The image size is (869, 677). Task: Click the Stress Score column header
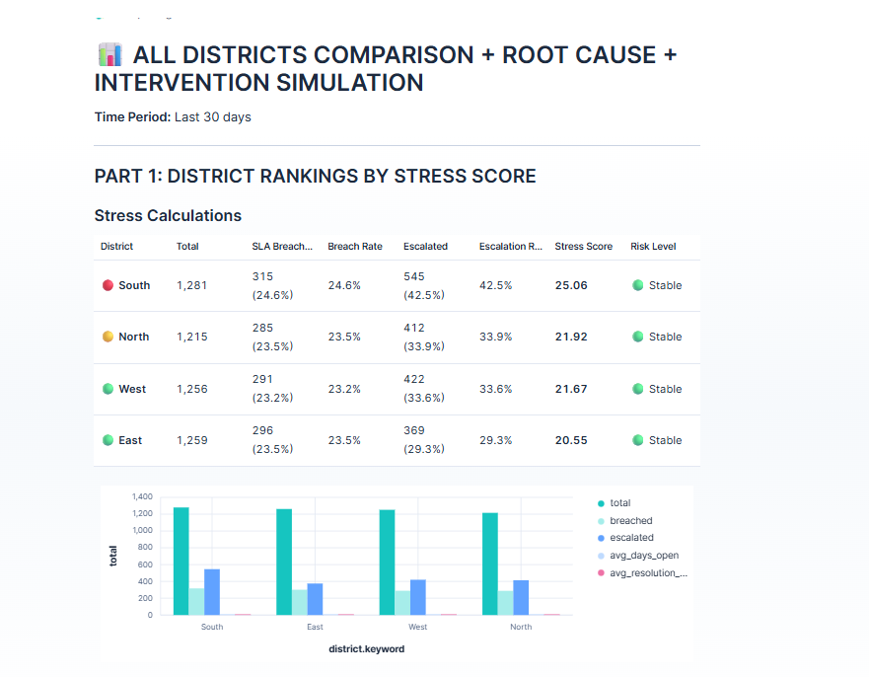point(583,246)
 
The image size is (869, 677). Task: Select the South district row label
point(134,285)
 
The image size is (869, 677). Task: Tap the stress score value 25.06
point(571,285)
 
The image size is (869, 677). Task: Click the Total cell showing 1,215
point(192,337)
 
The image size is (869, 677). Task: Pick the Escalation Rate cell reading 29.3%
point(496,440)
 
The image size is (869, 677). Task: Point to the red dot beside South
point(109,285)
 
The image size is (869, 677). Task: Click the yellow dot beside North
point(109,337)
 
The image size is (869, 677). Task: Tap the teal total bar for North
point(490,564)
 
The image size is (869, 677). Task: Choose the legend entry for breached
point(630,520)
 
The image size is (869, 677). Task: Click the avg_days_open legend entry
point(643,555)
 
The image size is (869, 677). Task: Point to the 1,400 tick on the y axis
point(142,496)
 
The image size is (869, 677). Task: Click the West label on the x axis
point(417,627)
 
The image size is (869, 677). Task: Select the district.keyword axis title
point(366,649)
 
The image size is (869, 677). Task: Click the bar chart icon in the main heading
point(109,54)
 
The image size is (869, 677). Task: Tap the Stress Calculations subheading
point(168,215)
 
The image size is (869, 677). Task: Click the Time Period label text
point(132,116)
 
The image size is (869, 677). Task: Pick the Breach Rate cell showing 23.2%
point(344,389)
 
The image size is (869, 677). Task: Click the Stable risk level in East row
point(664,440)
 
